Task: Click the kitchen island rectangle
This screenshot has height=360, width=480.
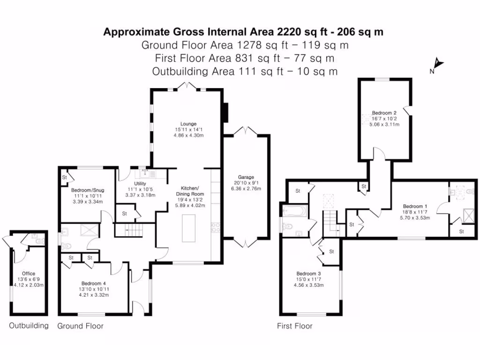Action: [189, 228]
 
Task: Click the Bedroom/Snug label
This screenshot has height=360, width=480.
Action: [88, 190]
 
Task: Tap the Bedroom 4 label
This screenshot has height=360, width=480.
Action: [94, 283]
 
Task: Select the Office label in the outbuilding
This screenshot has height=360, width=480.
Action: [29, 273]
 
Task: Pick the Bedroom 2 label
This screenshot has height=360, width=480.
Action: [384, 113]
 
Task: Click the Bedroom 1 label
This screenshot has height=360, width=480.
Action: [415, 206]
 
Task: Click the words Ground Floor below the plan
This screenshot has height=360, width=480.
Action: [80, 326]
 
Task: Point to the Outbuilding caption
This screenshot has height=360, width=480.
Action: [29, 326]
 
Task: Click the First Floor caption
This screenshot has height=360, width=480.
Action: [295, 326]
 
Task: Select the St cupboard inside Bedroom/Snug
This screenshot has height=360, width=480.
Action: [65, 177]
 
